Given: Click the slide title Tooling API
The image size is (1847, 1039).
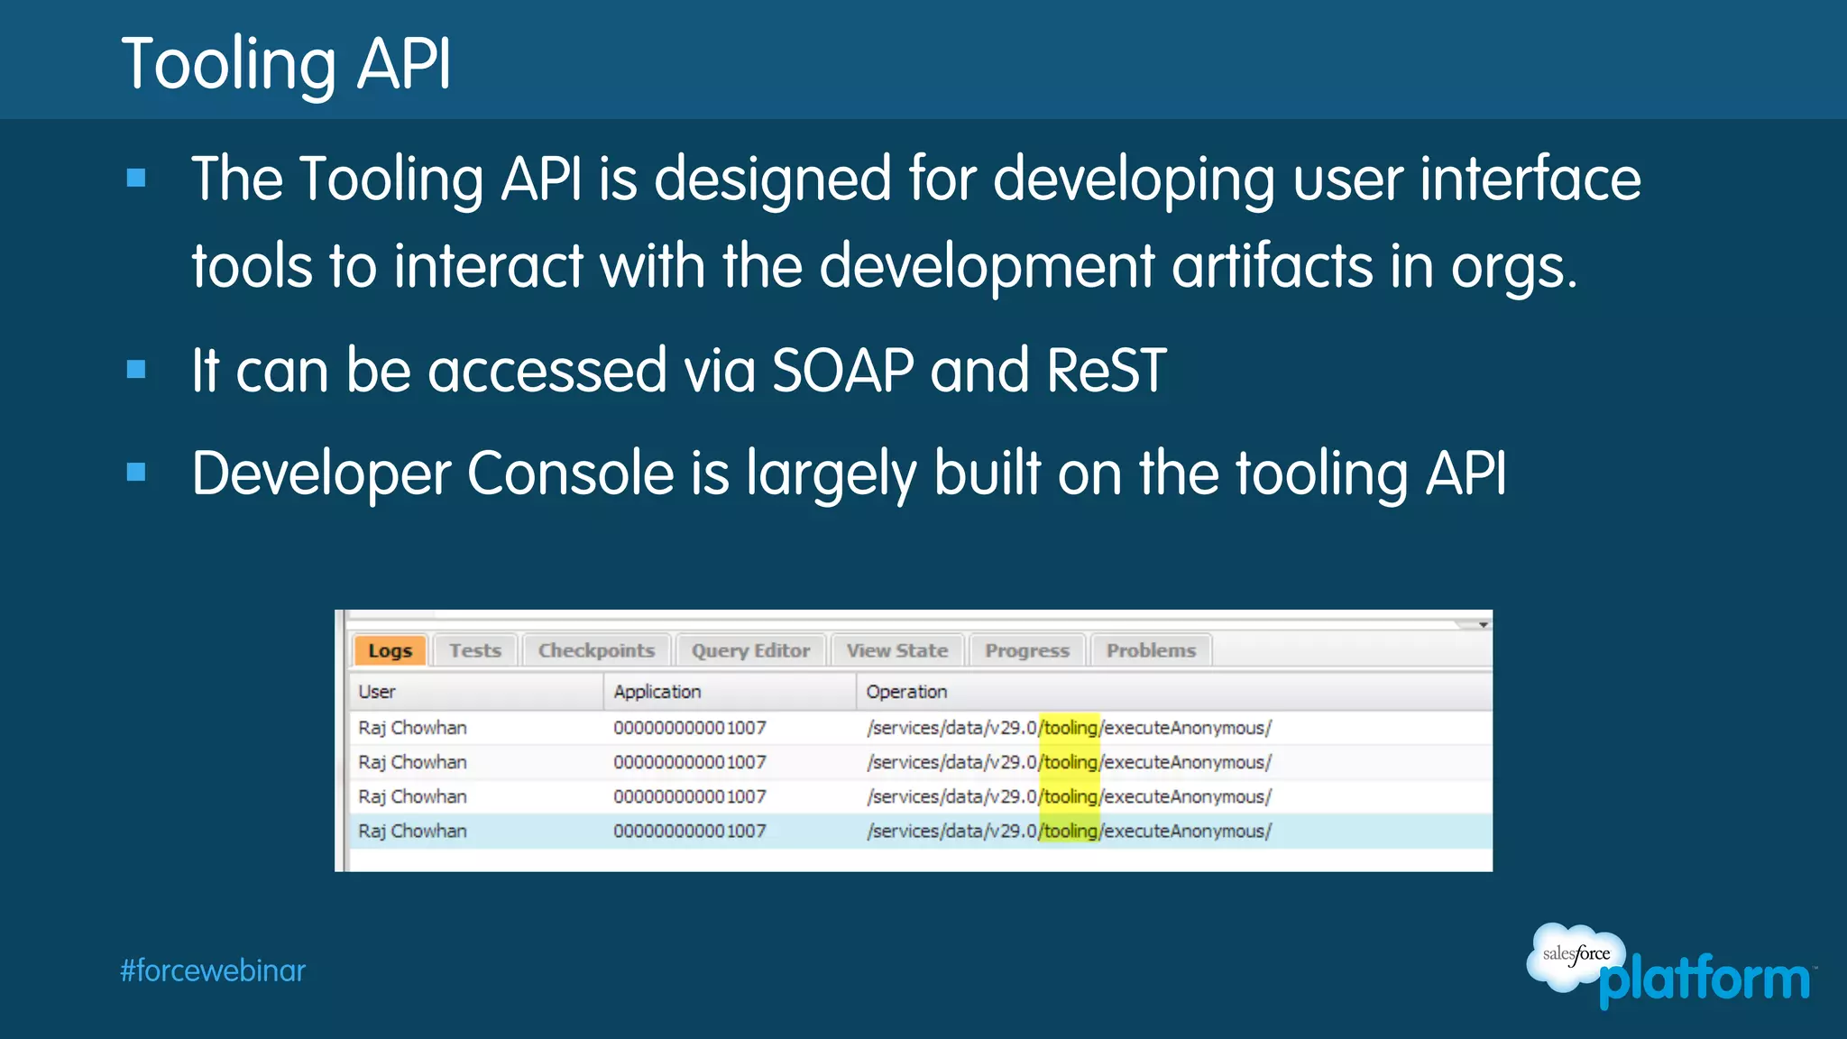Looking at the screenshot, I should [x=286, y=64].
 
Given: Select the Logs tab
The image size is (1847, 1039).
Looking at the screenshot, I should [x=390, y=650].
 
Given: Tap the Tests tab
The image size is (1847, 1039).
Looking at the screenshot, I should [x=475, y=650].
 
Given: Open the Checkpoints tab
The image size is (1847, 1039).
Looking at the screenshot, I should [x=596, y=650].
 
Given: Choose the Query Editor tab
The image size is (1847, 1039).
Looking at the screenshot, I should [x=750, y=650].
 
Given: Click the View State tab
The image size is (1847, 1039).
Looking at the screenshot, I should [x=897, y=650].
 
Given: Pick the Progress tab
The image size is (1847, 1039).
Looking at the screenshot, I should [x=1027, y=650].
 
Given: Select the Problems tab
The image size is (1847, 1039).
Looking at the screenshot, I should [x=1151, y=650].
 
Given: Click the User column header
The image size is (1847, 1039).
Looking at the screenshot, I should [x=377, y=692].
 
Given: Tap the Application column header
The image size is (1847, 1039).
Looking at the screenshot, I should [x=657, y=692].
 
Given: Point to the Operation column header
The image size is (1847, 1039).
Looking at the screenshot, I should [x=906, y=692].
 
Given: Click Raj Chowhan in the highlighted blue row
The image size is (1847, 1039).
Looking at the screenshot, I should [x=412, y=831].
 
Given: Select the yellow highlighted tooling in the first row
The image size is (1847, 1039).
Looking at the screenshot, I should [x=1070, y=728].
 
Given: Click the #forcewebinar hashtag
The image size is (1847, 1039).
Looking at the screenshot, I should [x=213, y=970].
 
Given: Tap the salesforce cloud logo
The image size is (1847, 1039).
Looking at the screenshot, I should [x=1575, y=956].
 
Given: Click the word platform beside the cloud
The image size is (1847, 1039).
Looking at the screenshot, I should [x=1705, y=980].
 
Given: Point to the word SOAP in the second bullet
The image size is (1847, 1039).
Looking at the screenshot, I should [x=843, y=371].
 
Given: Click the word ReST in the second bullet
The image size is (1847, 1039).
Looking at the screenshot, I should [x=1107, y=371].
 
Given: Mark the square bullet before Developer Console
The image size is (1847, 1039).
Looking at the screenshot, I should [x=136, y=472].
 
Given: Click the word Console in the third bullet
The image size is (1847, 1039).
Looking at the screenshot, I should [x=570, y=474].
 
